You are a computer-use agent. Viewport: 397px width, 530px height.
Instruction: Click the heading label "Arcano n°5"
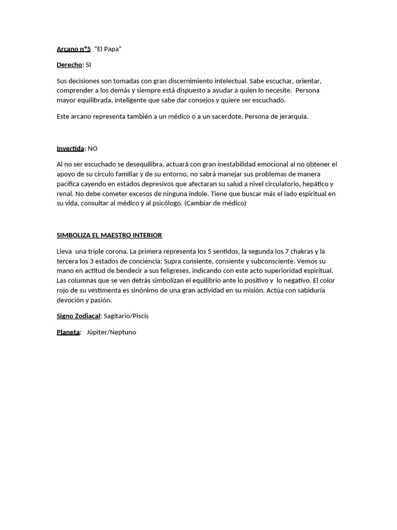[73, 49]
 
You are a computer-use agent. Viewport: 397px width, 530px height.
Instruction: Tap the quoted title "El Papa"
[108, 49]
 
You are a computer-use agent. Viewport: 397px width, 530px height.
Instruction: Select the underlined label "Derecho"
[69, 65]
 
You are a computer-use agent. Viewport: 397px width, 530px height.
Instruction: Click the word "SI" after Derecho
[88, 65]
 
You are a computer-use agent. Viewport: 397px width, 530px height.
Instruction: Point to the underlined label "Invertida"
[70, 149]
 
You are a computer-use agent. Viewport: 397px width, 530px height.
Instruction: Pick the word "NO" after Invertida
[93, 149]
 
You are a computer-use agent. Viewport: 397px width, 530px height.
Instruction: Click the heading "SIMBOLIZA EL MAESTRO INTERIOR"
[109, 235]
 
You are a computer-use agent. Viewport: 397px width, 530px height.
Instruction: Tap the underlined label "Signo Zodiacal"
[78, 316]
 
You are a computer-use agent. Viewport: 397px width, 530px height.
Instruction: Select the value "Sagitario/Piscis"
[126, 316]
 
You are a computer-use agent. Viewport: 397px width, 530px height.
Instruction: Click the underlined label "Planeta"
[68, 332]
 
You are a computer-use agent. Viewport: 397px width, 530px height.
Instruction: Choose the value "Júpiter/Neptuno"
[111, 332]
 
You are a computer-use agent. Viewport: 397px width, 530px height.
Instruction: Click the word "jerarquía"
[293, 116]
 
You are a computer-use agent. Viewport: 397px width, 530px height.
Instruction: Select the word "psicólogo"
[167, 203]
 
